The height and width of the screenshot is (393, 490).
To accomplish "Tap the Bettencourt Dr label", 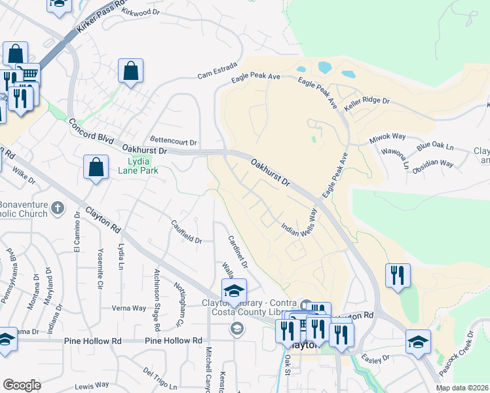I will (174, 141).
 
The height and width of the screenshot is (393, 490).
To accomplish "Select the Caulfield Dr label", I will (187, 231).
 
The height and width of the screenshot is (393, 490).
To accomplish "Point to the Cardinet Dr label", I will (237, 252).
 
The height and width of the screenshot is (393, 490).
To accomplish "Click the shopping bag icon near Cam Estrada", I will (131, 71).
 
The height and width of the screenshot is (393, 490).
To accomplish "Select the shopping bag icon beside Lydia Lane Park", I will (96, 167).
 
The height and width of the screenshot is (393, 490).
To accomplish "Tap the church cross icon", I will (58, 208).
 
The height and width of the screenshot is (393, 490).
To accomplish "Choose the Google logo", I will (22, 384).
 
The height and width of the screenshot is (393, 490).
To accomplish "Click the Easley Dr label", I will (375, 358).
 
